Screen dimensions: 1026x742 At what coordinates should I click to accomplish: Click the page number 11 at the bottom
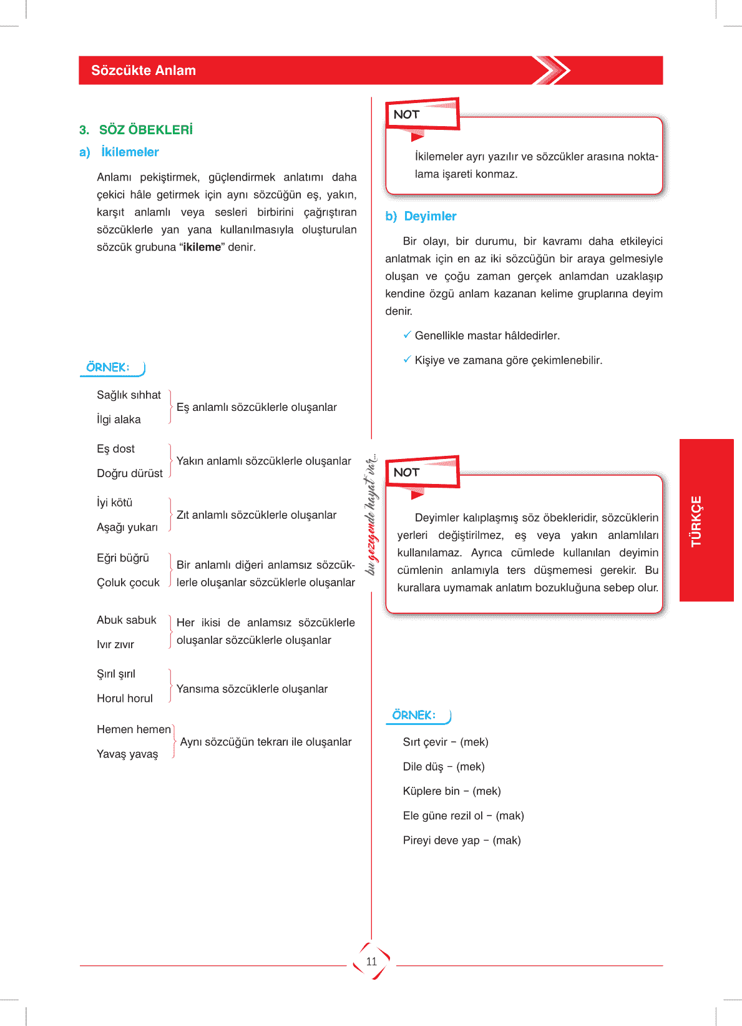tap(371, 962)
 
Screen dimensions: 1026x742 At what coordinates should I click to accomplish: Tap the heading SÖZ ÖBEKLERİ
tap(145, 130)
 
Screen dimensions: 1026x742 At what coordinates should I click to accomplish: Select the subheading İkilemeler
tap(130, 152)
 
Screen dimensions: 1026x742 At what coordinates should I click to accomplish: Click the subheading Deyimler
tap(430, 216)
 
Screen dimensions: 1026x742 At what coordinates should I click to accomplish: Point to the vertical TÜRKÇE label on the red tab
tap(696, 521)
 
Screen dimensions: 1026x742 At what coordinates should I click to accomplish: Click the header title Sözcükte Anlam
tap(144, 71)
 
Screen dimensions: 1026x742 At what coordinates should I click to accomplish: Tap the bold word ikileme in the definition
tap(202, 247)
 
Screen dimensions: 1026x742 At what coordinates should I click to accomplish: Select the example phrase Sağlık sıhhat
tap(129, 395)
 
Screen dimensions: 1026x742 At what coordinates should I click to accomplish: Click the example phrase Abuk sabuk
tap(127, 620)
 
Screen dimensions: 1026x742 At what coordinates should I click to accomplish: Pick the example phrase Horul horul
tap(125, 698)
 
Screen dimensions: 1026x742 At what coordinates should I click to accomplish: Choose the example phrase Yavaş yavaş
tap(127, 754)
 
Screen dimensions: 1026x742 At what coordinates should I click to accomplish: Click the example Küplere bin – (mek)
tap(452, 791)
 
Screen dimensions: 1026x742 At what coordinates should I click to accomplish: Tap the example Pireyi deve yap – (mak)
tap(462, 841)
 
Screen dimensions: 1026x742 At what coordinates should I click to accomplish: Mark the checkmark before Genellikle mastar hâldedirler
tap(407, 335)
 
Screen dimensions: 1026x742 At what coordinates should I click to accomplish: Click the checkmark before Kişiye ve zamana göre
tap(407, 359)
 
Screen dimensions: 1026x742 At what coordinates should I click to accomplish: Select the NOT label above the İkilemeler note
tap(406, 114)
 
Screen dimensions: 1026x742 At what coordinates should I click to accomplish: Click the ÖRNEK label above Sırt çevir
tap(414, 715)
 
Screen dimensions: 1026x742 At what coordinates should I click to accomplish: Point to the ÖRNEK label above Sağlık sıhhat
tap(108, 367)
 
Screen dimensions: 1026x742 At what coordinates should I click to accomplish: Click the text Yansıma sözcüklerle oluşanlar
tap(252, 689)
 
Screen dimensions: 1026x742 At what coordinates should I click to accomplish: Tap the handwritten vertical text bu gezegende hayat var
tap(372, 515)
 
